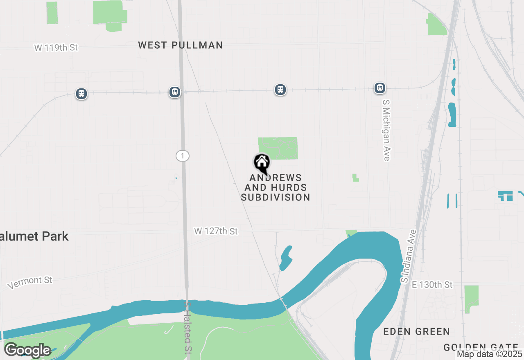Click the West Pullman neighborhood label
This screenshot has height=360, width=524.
[181, 45]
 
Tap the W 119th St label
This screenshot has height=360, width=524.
[56, 47]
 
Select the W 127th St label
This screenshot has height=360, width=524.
[216, 232]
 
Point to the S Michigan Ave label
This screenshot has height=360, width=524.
[386, 129]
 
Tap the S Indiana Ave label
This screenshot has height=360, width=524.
[409, 256]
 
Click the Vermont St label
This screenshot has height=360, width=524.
[30, 282]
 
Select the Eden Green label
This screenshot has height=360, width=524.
[416, 331]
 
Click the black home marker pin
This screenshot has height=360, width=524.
[262, 163]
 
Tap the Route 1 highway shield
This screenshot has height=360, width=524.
[183, 156]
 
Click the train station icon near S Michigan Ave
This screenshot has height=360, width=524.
[380, 88]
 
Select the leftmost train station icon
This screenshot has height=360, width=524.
[81, 94]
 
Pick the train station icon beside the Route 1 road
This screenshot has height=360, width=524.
[175, 92]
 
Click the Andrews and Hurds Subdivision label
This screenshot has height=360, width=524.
[276, 187]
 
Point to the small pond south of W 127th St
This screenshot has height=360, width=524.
[286, 258]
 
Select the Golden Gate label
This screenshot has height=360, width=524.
[481, 348]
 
